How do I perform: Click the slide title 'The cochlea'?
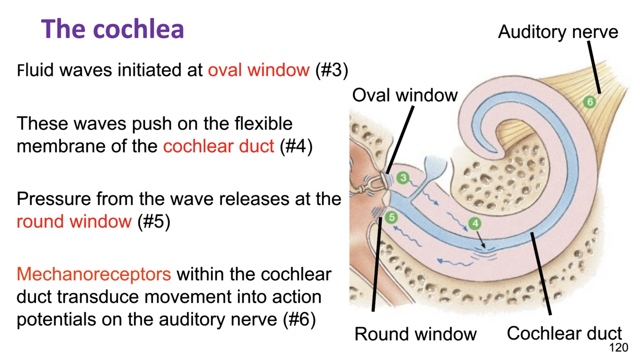[113, 29]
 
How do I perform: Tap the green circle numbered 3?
[403, 178]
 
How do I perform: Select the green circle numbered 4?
[474, 223]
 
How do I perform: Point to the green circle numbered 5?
[392, 217]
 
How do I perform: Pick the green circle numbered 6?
[589, 102]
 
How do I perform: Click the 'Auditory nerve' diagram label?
[558, 32]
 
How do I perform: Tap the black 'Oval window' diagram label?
[405, 95]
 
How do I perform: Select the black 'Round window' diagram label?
[415, 334]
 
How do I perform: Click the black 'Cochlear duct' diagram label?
[564, 333]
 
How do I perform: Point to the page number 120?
[618, 348]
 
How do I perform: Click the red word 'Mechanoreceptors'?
[94, 274]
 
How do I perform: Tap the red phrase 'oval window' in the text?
[259, 70]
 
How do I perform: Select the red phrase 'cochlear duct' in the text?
[218, 145]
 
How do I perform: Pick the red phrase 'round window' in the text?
[74, 221]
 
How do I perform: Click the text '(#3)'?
[332, 70]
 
